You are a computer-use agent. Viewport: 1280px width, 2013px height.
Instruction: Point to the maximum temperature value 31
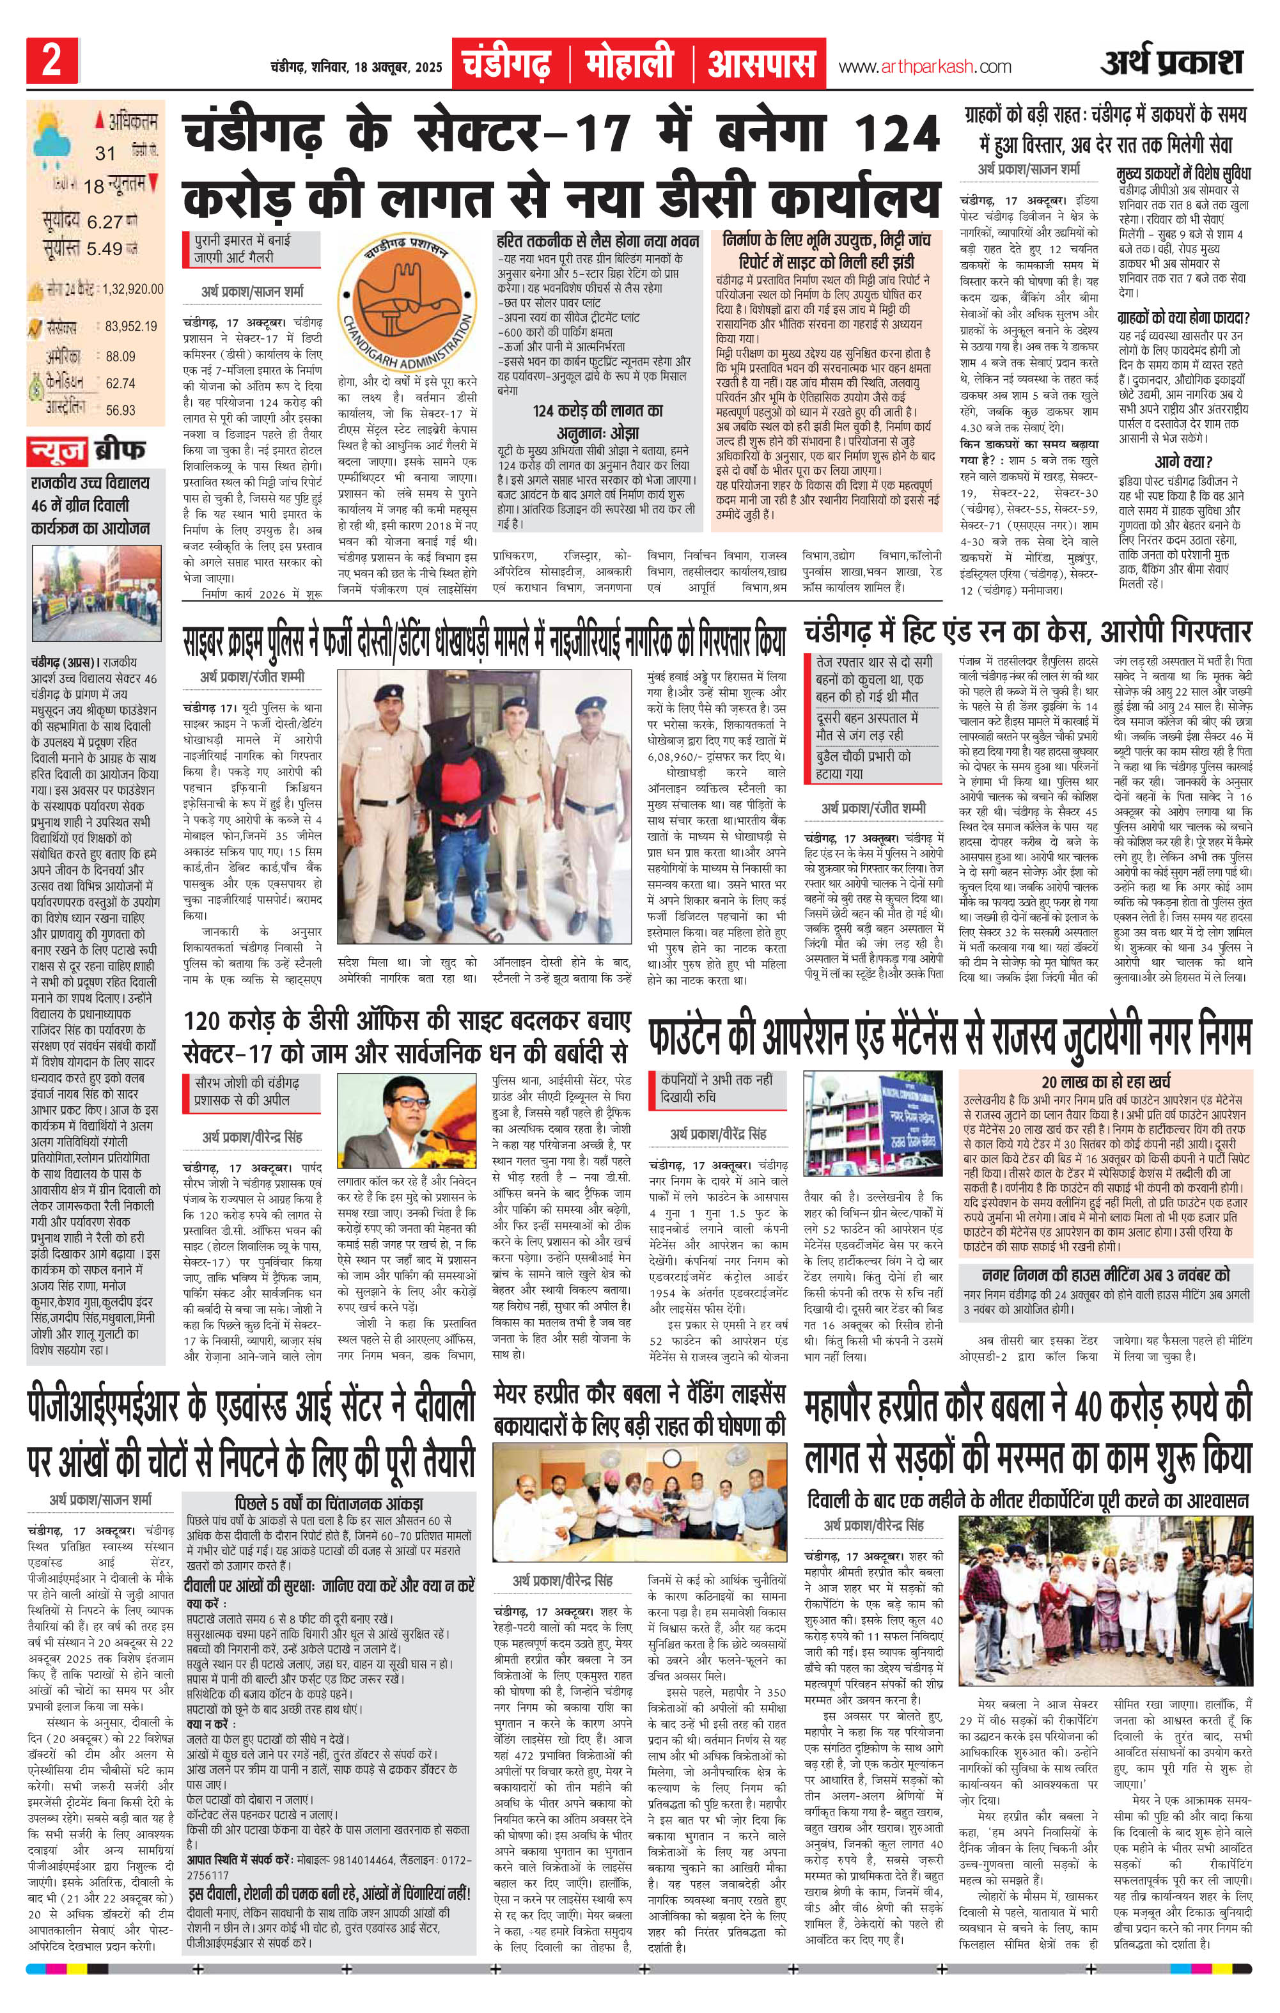[x=105, y=153]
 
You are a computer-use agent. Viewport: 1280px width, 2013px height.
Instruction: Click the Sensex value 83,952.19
[x=131, y=326]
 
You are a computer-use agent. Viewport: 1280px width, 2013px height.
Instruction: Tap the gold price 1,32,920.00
[x=133, y=289]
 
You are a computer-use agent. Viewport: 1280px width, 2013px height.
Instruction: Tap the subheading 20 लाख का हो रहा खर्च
[x=1105, y=1081]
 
